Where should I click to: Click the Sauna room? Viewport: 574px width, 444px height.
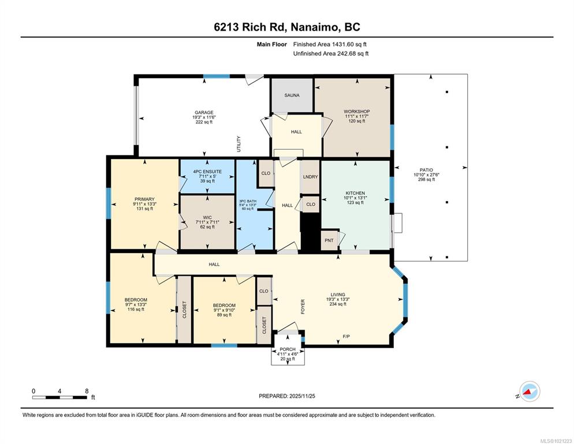(292, 95)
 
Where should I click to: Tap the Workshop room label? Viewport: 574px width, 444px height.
(356, 112)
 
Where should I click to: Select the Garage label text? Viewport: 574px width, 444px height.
(204, 113)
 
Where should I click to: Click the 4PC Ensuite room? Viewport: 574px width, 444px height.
(207, 176)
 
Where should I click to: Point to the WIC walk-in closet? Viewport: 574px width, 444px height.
(207, 222)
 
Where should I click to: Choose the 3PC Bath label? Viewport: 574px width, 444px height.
(248, 201)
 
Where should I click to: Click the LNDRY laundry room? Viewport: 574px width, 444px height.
(310, 177)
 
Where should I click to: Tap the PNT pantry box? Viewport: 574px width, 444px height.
(329, 240)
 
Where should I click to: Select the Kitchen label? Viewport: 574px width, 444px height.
(355, 193)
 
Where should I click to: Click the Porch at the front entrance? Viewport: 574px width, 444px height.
(288, 350)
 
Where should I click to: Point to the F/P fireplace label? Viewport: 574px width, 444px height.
(346, 336)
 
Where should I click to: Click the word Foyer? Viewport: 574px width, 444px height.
(303, 307)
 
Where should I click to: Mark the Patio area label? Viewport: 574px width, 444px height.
(426, 170)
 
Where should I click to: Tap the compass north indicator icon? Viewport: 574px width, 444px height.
(530, 391)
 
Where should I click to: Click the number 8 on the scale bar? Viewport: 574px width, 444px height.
(87, 391)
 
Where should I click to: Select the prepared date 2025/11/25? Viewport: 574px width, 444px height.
(302, 396)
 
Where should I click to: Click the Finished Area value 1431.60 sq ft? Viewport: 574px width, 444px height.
(349, 45)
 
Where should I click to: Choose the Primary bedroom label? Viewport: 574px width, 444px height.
(144, 199)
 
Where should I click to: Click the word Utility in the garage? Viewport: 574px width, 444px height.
(238, 144)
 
